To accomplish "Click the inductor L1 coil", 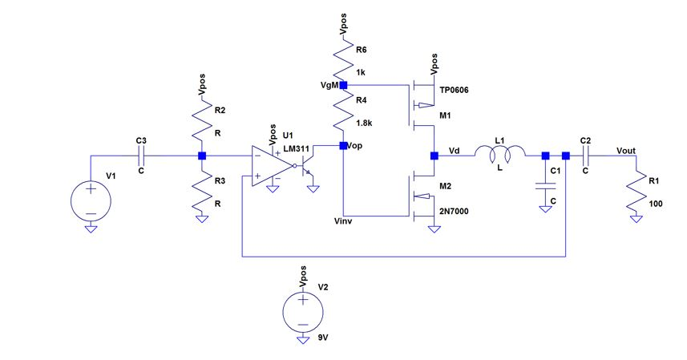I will point(500,152).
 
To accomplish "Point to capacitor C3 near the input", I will point(142,156).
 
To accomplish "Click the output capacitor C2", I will point(586,156).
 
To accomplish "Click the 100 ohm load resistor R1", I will point(639,190).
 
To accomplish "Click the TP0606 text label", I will point(454,91).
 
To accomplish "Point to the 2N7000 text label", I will point(453,212).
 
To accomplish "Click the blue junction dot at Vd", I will point(434,156).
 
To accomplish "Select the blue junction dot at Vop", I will point(343,146).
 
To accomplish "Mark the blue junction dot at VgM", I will point(343,85).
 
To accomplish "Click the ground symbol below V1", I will point(91,229).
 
